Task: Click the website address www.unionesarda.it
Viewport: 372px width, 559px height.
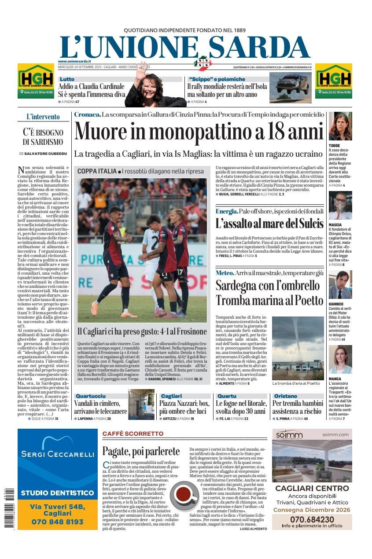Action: [x=74, y=61]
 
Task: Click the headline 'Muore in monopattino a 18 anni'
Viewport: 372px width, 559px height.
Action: [x=199, y=131]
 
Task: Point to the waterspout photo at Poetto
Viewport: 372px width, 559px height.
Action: [x=298, y=348]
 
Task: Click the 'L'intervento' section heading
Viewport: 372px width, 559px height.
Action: [x=43, y=117]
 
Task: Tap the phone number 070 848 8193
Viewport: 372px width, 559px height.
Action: [x=57, y=522]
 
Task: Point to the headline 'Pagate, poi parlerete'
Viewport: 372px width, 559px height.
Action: [x=141, y=451]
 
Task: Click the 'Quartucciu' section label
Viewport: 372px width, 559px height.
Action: [x=90, y=396]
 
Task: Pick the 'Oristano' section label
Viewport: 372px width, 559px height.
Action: [x=285, y=396]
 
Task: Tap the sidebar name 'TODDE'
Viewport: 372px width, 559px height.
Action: [x=335, y=145]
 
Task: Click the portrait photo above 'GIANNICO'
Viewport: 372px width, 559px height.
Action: [x=340, y=284]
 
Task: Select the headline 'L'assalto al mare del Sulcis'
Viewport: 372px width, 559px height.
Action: [x=269, y=223]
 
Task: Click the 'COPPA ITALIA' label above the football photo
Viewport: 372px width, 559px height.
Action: [x=97, y=171]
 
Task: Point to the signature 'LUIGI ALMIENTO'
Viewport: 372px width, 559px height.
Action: [x=254, y=528]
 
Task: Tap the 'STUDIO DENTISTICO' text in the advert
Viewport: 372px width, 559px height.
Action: [x=57, y=492]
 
